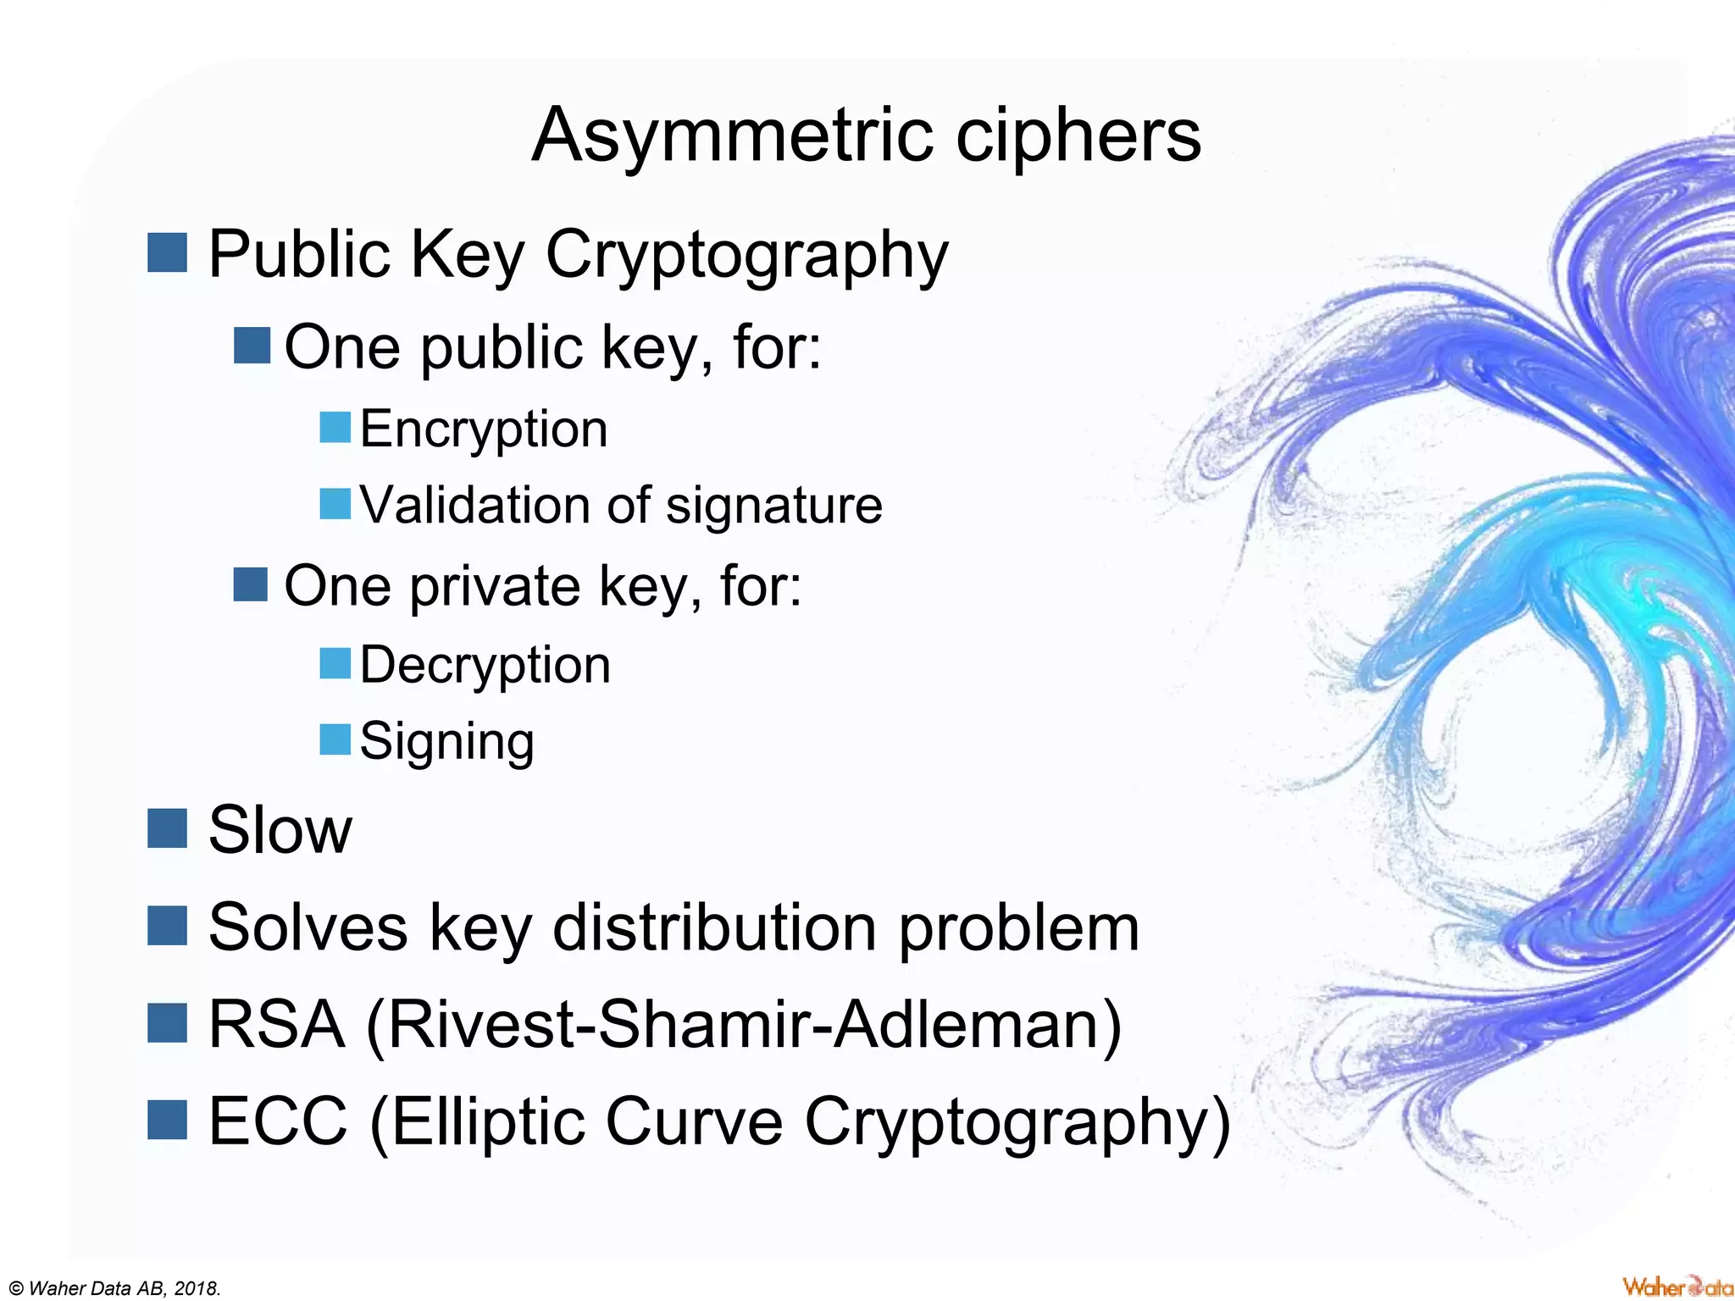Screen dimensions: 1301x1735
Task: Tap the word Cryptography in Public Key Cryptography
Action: click(746, 255)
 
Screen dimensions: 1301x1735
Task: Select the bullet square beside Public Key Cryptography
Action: click(167, 252)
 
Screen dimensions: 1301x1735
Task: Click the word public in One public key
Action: click(501, 348)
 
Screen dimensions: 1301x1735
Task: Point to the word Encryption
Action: click(484, 430)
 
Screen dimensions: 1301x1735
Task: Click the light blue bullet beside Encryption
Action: click(335, 427)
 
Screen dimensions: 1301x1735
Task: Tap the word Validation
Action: click(475, 505)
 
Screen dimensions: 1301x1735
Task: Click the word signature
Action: click(774, 507)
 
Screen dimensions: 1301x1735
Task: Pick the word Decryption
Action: click(485, 666)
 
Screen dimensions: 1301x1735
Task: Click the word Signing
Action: click(446, 742)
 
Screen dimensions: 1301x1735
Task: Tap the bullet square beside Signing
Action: click(335, 739)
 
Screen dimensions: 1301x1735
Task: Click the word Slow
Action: click(280, 830)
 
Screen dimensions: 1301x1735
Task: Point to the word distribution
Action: click(714, 927)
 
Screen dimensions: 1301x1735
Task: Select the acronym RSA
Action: click(276, 1025)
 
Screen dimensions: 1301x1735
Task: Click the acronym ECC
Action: click(278, 1121)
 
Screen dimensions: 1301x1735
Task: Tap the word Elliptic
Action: click(488, 1121)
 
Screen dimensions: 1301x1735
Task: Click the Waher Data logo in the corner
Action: click(1677, 1286)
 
